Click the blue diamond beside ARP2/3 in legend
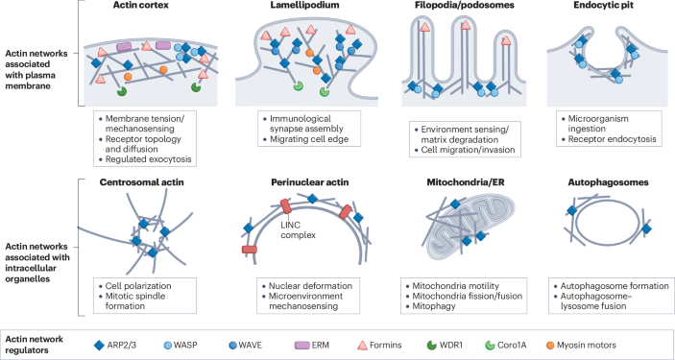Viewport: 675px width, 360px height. pyautogui.click(x=101, y=344)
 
